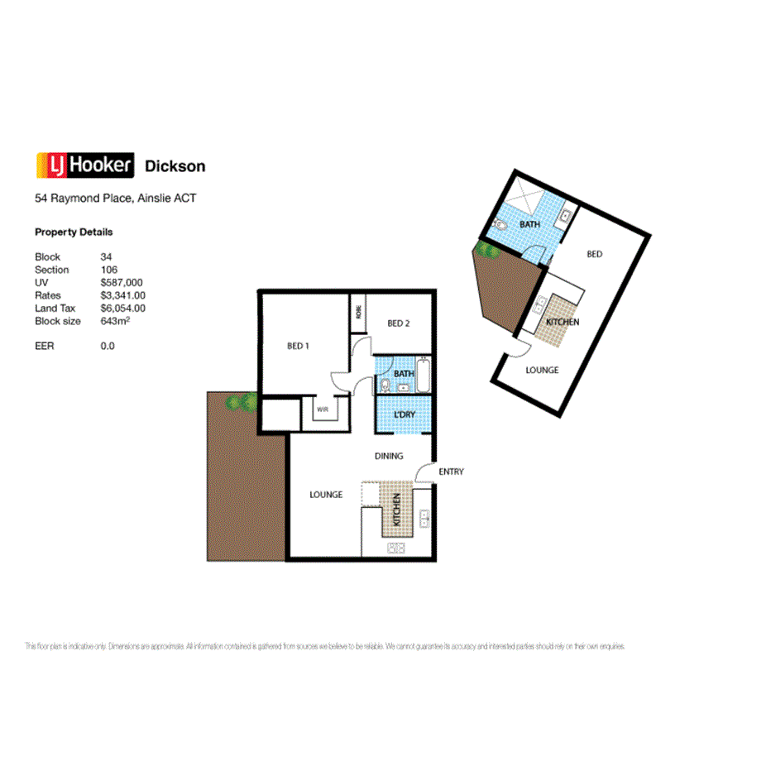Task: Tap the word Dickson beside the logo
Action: [175, 166]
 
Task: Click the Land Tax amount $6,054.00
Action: [123, 308]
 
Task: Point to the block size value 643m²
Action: [115, 320]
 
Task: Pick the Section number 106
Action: [109, 270]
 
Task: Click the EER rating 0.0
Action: [108, 346]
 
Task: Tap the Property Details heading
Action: [74, 232]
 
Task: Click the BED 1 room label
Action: [298, 346]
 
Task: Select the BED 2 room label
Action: [399, 323]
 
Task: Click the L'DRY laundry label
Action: [405, 414]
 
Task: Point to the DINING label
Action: [389, 456]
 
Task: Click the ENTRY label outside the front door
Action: [452, 472]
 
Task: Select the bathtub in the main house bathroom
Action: [424, 376]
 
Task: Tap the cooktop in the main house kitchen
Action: [395, 547]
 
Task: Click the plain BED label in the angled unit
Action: [594, 254]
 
